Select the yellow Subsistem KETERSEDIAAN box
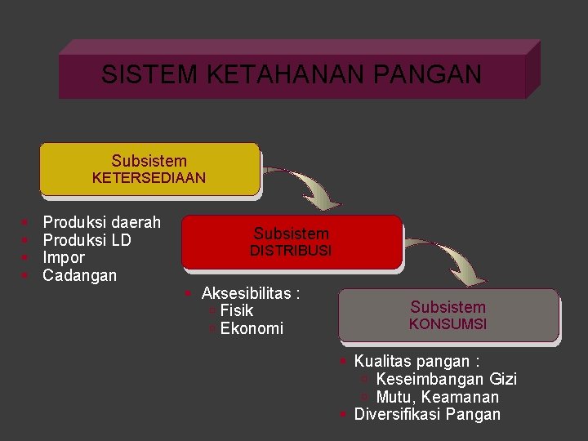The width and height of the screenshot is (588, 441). (149, 169)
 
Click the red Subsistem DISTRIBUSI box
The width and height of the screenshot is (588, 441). (291, 242)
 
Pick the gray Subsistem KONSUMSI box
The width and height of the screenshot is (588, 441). (448, 315)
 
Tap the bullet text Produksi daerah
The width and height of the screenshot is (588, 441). (101, 221)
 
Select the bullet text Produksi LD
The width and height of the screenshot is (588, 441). (87, 239)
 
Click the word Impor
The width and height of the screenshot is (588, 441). (64, 257)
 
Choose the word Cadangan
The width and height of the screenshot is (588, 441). (79, 275)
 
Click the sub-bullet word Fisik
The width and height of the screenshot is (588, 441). (237, 310)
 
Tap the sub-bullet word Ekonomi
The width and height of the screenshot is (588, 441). (252, 328)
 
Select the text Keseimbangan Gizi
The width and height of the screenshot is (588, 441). (446, 379)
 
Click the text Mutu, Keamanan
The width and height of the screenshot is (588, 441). (437, 397)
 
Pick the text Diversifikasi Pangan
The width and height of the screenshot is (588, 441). (427, 414)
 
